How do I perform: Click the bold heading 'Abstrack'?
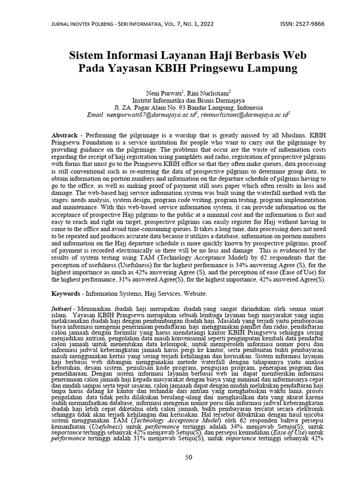tap(65, 135)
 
